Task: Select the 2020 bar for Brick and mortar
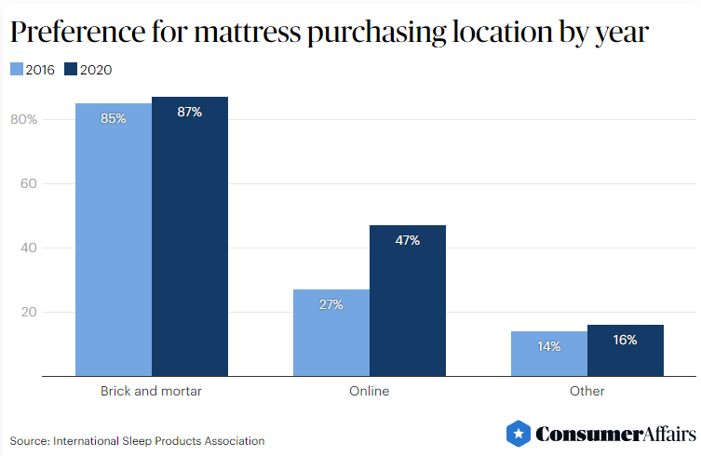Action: click(190, 236)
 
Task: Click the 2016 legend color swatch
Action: click(17, 69)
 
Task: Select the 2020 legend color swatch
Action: click(71, 69)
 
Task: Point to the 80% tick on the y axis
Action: click(23, 119)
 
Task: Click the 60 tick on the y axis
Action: click(28, 183)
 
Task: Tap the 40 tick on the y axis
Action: click(28, 248)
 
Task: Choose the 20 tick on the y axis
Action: click(28, 312)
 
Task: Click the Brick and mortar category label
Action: click(151, 391)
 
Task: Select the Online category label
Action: click(370, 391)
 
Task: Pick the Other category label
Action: click(587, 391)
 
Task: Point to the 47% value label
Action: click(408, 240)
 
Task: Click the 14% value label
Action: click(549, 346)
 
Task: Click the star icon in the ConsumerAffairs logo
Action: click(519, 434)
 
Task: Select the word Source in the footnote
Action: click(29, 440)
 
